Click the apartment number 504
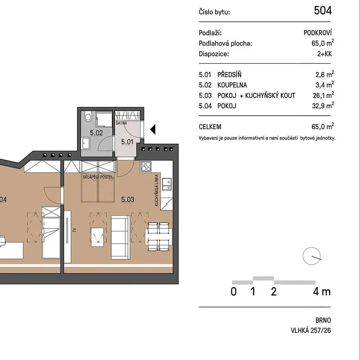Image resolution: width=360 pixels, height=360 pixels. coord(323,10)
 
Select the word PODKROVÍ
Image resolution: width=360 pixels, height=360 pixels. coord(318,33)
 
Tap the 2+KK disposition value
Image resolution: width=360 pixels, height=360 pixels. coord(324,54)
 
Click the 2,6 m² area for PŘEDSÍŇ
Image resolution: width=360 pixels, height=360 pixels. coord(325,74)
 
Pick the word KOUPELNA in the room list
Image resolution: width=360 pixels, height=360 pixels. coord(232,85)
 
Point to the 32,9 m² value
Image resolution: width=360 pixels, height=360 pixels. coord(323,105)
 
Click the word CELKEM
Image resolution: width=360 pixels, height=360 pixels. coord(210,127)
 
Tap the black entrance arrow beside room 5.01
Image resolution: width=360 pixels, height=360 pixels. coord(153,129)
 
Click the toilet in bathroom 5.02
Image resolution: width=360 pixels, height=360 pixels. coord(88,116)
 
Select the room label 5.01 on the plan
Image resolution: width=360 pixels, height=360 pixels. coord(127,142)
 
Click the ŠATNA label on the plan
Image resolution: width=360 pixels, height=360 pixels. coord(121,123)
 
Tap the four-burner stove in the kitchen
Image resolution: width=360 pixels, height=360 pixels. coord(146,166)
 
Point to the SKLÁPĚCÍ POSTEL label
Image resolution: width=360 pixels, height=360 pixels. coord(98,177)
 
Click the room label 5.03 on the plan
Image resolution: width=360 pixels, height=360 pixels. coord(128,199)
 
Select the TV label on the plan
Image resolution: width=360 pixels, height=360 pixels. coord(74,230)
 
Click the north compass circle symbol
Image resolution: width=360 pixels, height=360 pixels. coord(311,256)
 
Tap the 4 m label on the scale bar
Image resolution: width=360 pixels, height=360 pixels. coord(321,292)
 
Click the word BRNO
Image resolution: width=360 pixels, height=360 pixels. coord(323,320)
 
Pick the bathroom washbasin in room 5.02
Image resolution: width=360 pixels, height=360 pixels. coord(86,144)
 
